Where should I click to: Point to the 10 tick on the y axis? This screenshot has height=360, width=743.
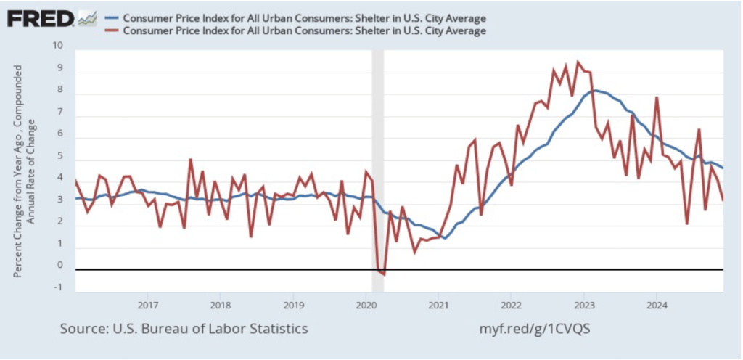(x=58, y=46)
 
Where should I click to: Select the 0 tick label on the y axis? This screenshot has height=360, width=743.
(x=60, y=266)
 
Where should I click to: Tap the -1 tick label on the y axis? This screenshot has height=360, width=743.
(x=59, y=288)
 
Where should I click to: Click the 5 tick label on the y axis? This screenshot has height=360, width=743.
(x=60, y=156)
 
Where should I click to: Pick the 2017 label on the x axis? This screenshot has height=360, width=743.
(x=147, y=303)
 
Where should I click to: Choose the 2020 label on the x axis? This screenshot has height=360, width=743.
(x=366, y=303)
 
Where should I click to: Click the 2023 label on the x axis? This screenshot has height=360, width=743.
(x=583, y=303)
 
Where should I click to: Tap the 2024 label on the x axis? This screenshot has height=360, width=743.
(x=656, y=303)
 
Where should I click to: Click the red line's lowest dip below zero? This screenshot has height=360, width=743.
(x=384, y=274)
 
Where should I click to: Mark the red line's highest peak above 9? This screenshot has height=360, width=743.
(x=578, y=62)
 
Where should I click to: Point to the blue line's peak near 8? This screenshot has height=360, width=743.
(x=594, y=91)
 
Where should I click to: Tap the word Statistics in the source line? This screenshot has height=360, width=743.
(x=278, y=329)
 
